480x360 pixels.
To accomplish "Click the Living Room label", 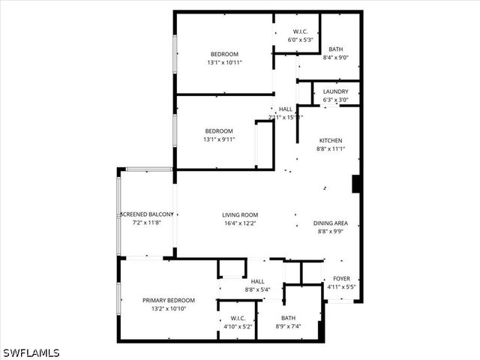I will pyautogui.click(x=240, y=214).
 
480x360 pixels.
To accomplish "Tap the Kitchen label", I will pyautogui.click(x=331, y=140).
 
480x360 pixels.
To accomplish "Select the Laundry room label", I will pyautogui.click(x=335, y=91).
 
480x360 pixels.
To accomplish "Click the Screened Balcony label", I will pyautogui.click(x=147, y=214).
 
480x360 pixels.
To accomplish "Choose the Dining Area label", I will pyautogui.click(x=331, y=223).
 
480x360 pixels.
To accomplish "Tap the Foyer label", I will pyautogui.click(x=341, y=278).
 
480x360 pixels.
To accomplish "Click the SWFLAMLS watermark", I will pyautogui.click(x=31, y=352).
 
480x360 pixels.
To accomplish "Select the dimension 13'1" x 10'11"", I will pyautogui.click(x=224, y=63).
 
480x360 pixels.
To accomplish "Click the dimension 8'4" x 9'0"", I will pyautogui.click(x=335, y=57).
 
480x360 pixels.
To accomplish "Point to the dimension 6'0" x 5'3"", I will pyautogui.click(x=295, y=40).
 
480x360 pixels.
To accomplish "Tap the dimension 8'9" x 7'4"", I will pyautogui.click(x=288, y=326).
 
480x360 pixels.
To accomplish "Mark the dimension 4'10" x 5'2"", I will pyautogui.click(x=238, y=326).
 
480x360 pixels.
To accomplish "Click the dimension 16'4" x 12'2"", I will pyautogui.click(x=240, y=223).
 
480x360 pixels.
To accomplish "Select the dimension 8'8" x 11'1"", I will pyautogui.click(x=331, y=148).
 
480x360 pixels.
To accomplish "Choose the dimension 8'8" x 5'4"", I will pyautogui.click(x=257, y=289).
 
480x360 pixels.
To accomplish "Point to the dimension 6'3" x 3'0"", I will pyautogui.click(x=335, y=100).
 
